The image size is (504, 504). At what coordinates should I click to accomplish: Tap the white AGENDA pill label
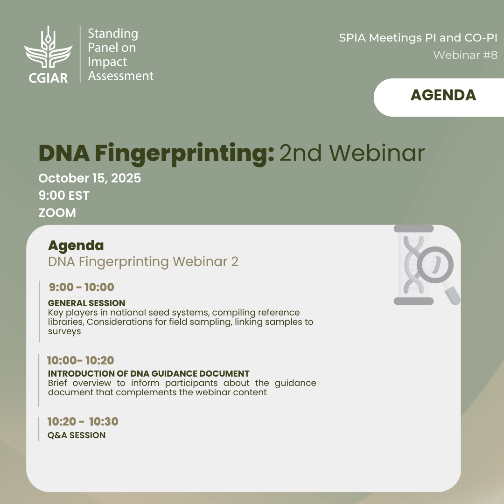[439, 98]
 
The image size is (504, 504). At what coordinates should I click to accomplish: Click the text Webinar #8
[465, 55]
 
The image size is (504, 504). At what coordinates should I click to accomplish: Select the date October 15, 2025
[90, 178]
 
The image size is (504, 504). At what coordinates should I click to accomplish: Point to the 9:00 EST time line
[64, 196]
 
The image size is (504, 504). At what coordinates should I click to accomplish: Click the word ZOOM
[57, 213]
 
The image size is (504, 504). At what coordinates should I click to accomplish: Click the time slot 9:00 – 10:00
[82, 287]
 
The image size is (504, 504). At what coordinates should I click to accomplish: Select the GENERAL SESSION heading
[87, 303]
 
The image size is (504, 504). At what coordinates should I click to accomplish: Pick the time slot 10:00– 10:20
[81, 360]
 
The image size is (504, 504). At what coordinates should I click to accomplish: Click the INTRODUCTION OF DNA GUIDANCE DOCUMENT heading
[148, 373]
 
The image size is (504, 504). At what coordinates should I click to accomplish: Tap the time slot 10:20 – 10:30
[83, 421]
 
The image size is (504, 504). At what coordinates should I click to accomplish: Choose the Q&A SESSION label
[77, 435]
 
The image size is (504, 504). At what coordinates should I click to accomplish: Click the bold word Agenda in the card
[76, 245]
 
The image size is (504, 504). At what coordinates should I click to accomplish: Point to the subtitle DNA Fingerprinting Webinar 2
[143, 262]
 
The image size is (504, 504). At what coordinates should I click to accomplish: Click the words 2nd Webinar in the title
[352, 153]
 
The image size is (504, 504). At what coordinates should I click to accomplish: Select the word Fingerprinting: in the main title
[184, 154]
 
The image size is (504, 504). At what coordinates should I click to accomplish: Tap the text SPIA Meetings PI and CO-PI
[418, 38]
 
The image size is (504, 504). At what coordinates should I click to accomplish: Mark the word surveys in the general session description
[64, 331]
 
